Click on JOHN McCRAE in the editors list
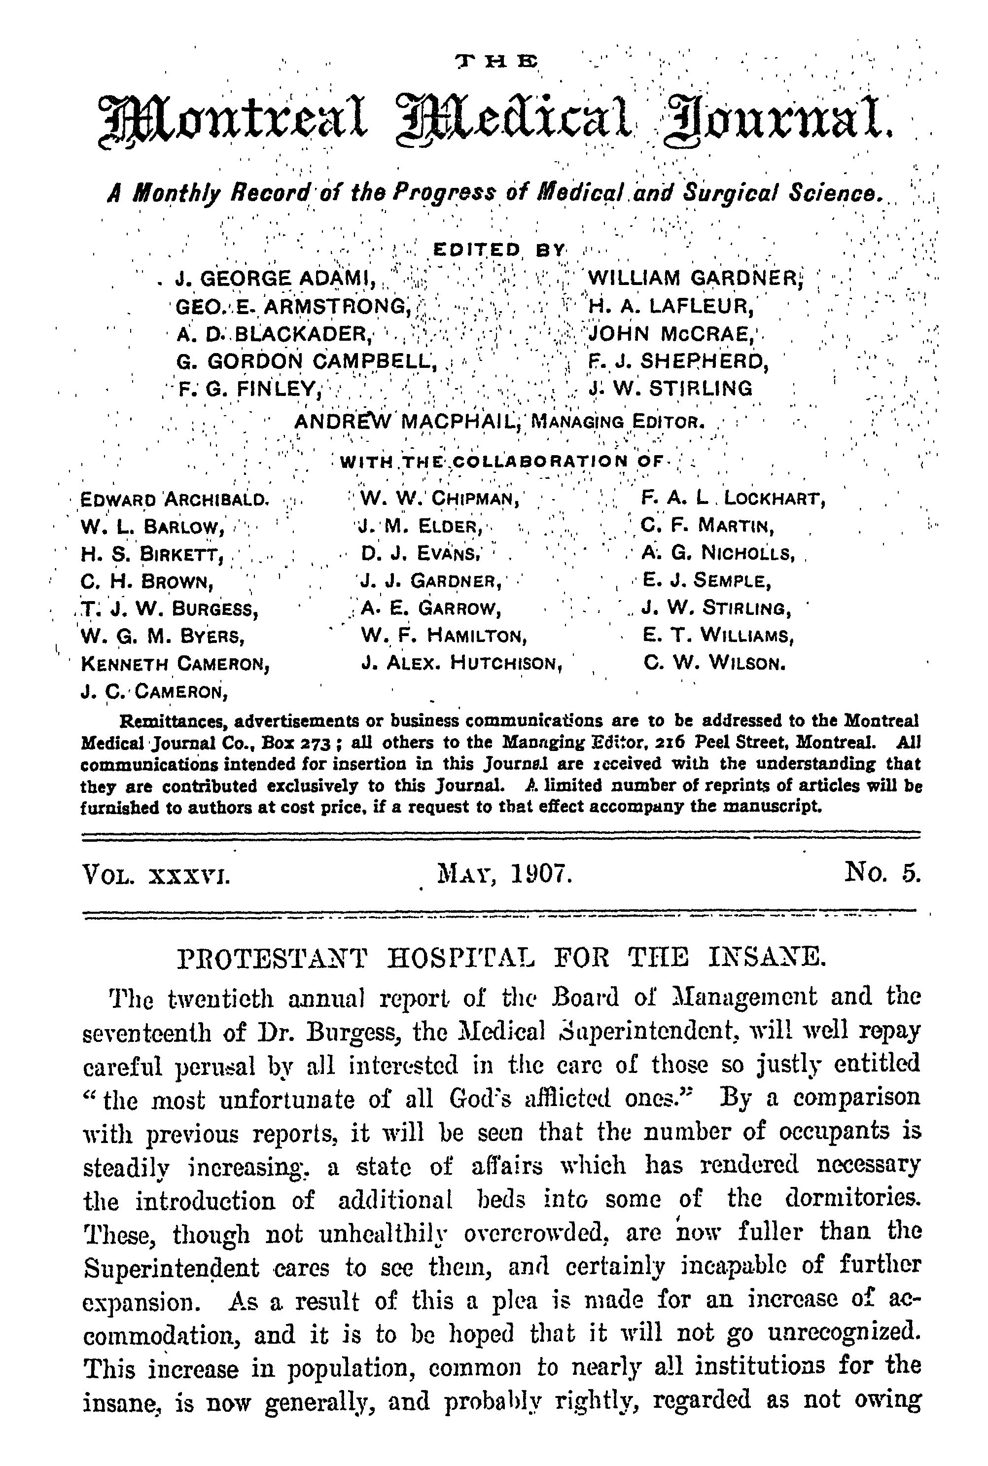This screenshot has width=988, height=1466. pyautogui.click(x=671, y=333)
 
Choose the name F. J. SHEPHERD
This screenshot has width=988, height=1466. pyautogui.click(x=678, y=361)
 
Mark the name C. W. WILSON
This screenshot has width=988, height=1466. pyautogui.click(x=714, y=663)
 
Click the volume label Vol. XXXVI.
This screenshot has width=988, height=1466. pyautogui.click(x=156, y=875)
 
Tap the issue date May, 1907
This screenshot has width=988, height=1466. pyautogui.click(x=504, y=875)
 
